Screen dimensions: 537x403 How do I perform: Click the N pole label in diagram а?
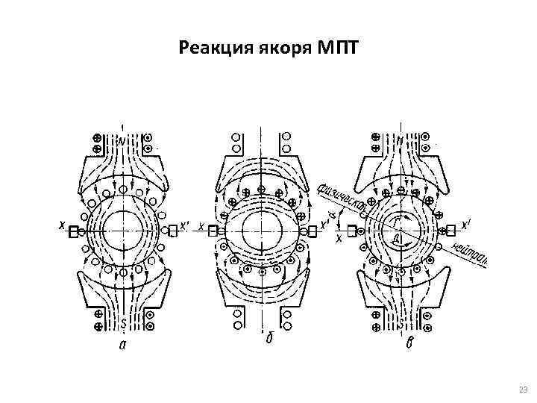click(121, 140)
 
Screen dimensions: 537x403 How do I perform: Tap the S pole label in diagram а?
click(122, 323)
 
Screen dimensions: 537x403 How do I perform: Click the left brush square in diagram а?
click(73, 232)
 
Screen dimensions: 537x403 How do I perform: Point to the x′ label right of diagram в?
click(465, 223)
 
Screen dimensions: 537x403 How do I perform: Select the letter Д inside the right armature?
click(397, 238)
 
